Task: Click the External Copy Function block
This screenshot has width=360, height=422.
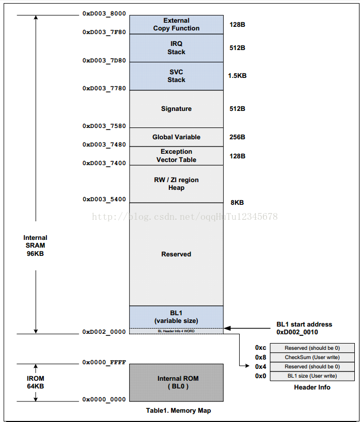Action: pyautogui.click(x=176, y=24)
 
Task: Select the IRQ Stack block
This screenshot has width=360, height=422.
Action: pyautogui.click(x=176, y=48)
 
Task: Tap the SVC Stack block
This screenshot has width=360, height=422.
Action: pyautogui.click(x=176, y=76)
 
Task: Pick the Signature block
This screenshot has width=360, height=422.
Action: pyautogui.click(x=176, y=109)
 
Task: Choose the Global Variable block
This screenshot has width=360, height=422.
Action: pyautogui.click(x=176, y=137)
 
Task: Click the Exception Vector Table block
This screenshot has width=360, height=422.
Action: pyautogui.click(x=176, y=156)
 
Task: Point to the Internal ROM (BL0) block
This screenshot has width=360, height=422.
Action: pyautogui.click(x=176, y=382)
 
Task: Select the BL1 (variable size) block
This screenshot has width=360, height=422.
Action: pyautogui.click(x=176, y=317)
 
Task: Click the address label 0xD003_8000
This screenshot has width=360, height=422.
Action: pyautogui.click(x=104, y=14)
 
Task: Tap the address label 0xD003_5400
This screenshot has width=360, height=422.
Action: pyautogui.click(x=104, y=200)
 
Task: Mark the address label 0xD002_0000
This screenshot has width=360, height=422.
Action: pyautogui.click(x=104, y=332)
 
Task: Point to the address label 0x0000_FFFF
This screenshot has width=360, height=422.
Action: pyautogui.click(x=104, y=363)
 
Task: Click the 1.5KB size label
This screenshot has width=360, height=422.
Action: pyautogui.click(x=237, y=76)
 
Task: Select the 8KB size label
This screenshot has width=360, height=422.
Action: pyautogui.click(x=237, y=203)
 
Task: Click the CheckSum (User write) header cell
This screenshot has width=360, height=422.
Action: pyautogui.click(x=312, y=358)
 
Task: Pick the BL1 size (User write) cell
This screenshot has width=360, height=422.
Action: pyautogui.click(x=312, y=376)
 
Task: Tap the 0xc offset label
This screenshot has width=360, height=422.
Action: pyautogui.click(x=260, y=348)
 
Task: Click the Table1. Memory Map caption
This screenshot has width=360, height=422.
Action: pyautogui.click(x=178, y=411)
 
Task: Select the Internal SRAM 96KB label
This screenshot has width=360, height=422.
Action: pyautogui.click(x=35, y=246)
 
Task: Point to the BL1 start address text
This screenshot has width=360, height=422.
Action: pyautogui.click(x=304, y=324)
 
